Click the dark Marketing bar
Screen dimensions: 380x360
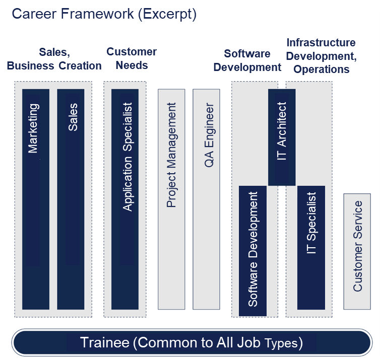click(x=36, y=199)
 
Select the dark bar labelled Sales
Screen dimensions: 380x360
click(x=71, y=199)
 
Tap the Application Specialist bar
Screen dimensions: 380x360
click(x=125, y=199)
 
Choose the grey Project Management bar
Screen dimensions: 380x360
click(x=171, y=199)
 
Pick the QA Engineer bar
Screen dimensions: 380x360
click(x=206, y=199)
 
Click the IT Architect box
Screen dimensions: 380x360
click(x=282, y=137)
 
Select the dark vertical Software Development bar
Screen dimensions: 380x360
click(x=253, y=251)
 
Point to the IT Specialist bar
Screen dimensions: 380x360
click(x=311, y=248)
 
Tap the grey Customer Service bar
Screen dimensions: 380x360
click(x=357, y=252)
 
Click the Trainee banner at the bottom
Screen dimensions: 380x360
click(x=192, y=342)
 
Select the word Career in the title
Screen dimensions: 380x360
click(x=34, y=14)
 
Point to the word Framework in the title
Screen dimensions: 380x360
click(x=97, y=14)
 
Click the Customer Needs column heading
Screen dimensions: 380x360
click(x=132, y=58)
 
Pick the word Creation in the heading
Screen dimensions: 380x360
click(x=80, y=66)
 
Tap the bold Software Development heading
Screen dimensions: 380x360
click(x=247, y=60)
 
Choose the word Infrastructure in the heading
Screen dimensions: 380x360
click(x=321, y=43)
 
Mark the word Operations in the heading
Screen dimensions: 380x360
click(x=322, y=69)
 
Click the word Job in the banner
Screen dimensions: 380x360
click(x=248, y=342)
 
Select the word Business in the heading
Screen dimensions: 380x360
click(x=31, y=66)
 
